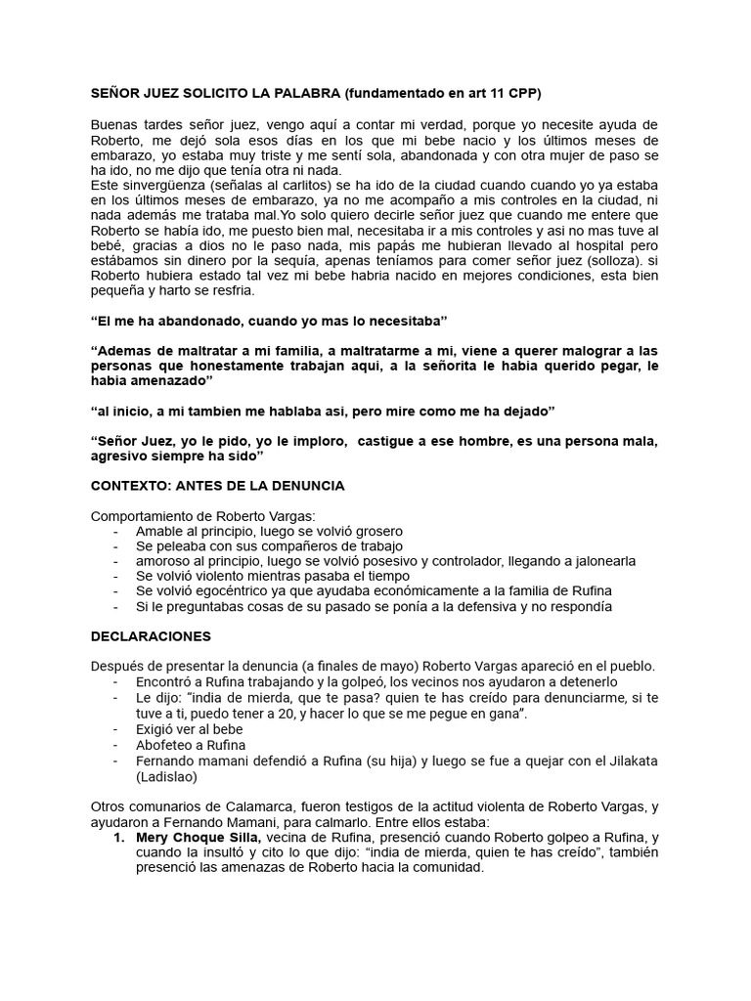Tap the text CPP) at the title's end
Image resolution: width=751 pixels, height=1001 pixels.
[x=520, y=93]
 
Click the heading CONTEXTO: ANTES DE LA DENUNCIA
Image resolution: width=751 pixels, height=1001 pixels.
[x=217, y=486]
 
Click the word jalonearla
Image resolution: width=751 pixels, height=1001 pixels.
[x=596, y=560]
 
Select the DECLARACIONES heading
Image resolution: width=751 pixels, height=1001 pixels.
[x=151, y=635]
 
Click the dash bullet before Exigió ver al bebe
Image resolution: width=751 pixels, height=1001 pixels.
[x=116, y=729]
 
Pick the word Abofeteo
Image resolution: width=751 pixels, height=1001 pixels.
[x=168, y=744]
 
